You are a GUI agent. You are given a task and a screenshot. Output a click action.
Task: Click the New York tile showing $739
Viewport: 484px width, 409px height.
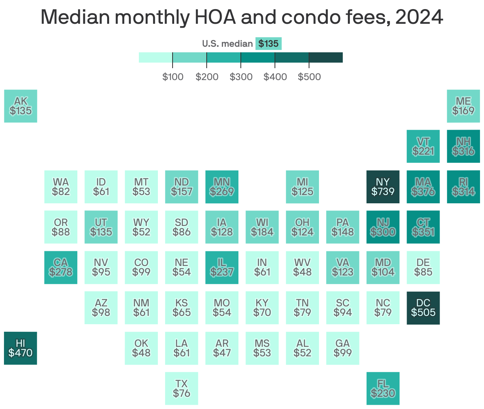(x=383, y=187)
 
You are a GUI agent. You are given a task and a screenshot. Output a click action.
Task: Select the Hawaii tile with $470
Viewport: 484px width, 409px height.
(x=21, y=348)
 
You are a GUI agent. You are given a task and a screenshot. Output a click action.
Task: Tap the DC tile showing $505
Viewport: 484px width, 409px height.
(x=423, y=308)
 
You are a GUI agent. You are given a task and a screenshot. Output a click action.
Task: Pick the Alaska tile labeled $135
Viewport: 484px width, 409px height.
(x=21, y=106)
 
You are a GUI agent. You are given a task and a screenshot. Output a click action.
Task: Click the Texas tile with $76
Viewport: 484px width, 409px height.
(x=181, y=388)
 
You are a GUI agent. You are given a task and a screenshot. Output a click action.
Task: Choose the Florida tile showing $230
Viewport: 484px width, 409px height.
(x=383, y=388)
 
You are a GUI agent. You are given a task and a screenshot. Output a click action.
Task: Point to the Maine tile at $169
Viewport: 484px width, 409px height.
(x=463, y=106)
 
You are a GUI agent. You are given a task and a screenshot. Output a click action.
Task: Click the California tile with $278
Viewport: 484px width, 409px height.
(x=61, y=268)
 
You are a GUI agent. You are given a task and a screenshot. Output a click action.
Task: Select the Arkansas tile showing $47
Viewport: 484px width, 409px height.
(x=222, y=348)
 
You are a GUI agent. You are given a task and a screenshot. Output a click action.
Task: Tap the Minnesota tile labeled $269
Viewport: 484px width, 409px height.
(x=222, y=187)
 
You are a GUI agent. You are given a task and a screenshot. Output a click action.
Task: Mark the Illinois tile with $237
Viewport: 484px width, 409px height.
(x=222, y=268)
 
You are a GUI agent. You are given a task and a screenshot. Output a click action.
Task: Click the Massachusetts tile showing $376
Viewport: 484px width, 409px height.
(x=423, y=187)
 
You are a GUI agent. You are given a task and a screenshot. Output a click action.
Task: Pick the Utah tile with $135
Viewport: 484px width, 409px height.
(x=101, y=227)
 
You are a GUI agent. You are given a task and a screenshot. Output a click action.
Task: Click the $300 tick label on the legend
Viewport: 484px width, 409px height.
(x=241, y=77)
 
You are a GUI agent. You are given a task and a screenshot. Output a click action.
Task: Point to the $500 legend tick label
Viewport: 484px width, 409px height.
(x=309, y=77)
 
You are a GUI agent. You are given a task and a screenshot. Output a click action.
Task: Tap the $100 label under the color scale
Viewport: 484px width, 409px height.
(x=173, y=77)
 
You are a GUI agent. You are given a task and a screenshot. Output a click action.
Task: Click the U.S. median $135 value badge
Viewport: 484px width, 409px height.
(x=269, y=44)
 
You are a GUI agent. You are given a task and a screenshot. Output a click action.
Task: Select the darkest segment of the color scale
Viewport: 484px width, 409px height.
(x=326, y=57)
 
